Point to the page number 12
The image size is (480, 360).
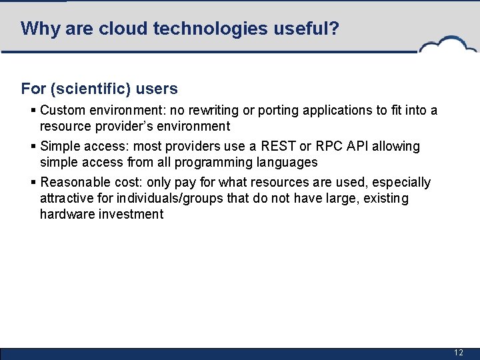(458, 353)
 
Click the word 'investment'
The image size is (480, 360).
(131, 215)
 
